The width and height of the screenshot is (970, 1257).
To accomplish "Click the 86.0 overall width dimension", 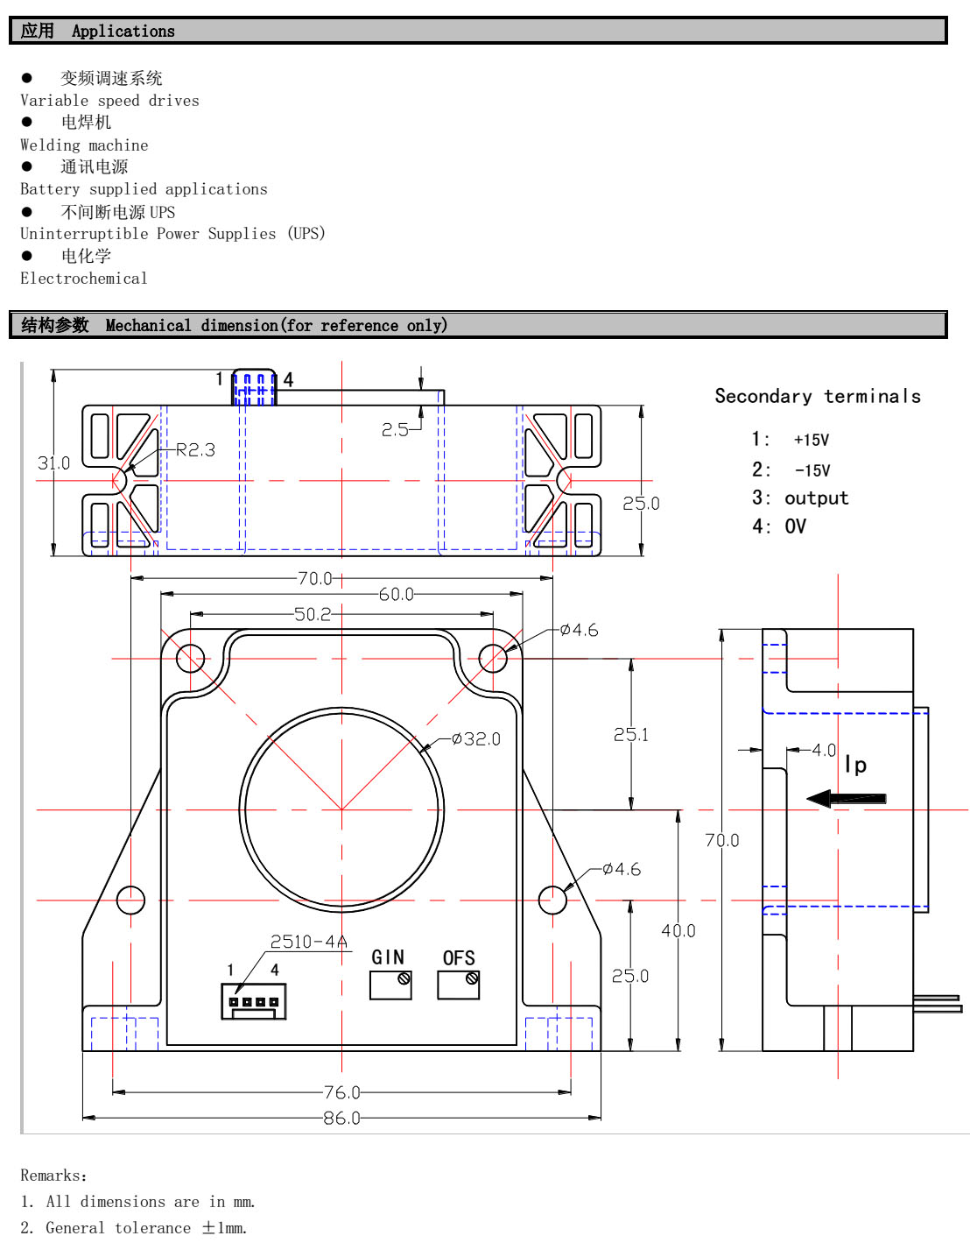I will [341, 1119].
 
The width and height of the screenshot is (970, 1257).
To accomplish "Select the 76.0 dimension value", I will [341, 1092].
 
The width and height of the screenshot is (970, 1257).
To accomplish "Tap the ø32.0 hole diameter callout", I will [476, 739].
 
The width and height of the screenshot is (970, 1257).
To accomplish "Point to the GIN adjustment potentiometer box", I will [390, 985].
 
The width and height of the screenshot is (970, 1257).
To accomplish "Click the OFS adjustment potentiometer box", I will [459, 985].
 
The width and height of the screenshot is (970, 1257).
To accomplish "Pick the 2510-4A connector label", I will [308, 942].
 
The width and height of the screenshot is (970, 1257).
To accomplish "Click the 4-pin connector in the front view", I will [254, 1001].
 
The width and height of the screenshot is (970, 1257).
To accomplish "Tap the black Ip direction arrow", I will [846, 798].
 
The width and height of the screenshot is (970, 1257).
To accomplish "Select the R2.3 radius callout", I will [195, 450].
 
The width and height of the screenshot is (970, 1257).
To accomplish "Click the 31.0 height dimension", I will [53, 463].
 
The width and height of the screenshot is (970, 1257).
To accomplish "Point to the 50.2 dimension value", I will [313, 614].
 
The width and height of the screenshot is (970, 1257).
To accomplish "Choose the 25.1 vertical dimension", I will [631, 735].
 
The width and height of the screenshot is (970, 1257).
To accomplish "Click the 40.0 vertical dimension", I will [678, 930].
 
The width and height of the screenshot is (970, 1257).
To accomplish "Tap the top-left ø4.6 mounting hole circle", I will [190, 658].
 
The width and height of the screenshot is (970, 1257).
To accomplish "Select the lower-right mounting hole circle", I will [552, 900].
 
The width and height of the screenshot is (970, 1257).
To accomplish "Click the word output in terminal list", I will [816, 498].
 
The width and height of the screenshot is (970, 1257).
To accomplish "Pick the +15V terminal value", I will [811, 440].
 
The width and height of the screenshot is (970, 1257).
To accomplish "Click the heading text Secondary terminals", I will [818, 396].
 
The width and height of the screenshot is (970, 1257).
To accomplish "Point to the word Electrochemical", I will [84, 279].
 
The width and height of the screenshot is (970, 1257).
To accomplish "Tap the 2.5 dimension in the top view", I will [395, 429].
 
